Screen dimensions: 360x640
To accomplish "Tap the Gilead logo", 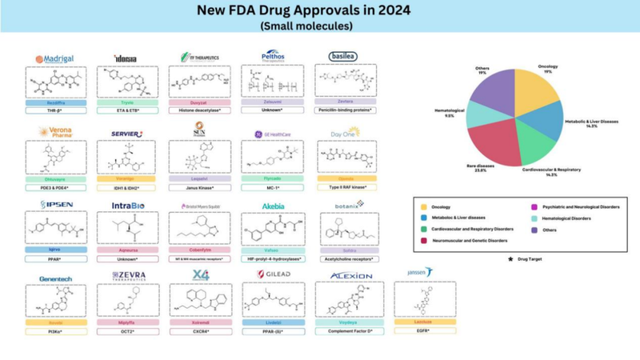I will point(276,274).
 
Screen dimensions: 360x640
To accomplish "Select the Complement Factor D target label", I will point(349,330).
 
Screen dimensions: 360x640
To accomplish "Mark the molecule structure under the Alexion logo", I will point(350,300).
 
